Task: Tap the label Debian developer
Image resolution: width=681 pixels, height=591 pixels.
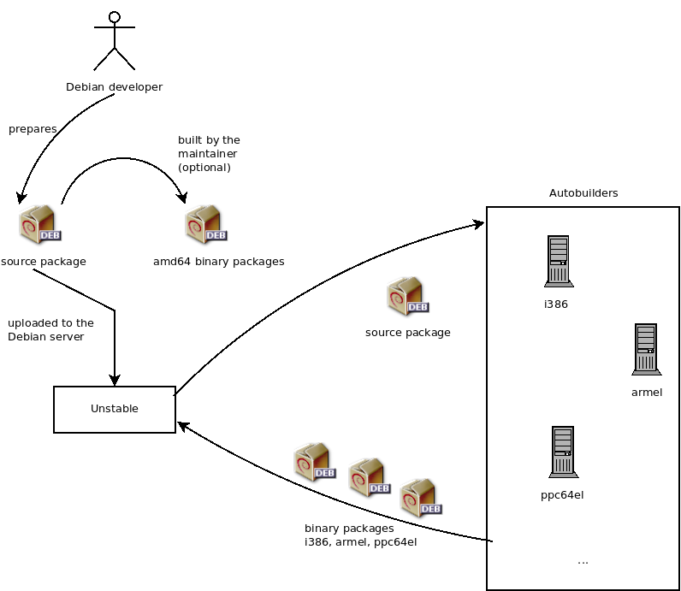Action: pyautogui.click(x=114, y=86)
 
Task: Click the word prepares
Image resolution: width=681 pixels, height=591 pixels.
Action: pyautogui.click(x=33, y=129)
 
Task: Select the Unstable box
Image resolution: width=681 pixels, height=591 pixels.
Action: pyautogui.click(x=115, y=409)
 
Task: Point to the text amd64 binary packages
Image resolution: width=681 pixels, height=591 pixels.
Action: pyautogui.click(x=218, y=261)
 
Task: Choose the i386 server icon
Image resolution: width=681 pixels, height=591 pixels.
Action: pyautogui.click(x=558, y=262)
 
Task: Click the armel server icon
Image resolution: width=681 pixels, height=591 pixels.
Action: pyautogui.click(x=646, y=350)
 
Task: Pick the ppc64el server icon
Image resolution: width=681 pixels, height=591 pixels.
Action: pyautogui.click(x=561, y=452)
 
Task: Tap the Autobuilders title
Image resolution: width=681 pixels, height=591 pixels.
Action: pyautogui.click(x=583, y=193)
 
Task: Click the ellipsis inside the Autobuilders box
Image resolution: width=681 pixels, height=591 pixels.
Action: pyautogui.click(x=583, y=561)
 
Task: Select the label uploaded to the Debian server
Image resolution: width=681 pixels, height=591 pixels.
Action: pyautogui.click(x=50, y=330)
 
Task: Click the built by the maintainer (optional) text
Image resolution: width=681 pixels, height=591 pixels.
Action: pyautogui.click(x=208, y=153)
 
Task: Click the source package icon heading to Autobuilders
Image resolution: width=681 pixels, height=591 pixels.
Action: pyautogui.click(x=407, y=297)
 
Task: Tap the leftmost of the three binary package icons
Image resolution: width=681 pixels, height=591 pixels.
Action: pyautogui.click(x=313, y=463)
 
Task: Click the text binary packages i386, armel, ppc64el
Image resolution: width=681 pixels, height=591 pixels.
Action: pyautogui.click(x=360, y=535)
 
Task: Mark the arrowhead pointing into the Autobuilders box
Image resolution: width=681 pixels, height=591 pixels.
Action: pyautogui.click(x=479, y=223)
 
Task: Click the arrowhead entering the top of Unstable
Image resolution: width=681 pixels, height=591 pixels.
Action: pyautogui.click(x=115, y=381)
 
